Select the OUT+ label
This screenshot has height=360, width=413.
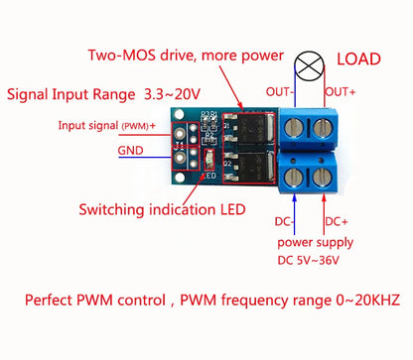[342, 92]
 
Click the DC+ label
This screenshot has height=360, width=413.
[338, 220]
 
